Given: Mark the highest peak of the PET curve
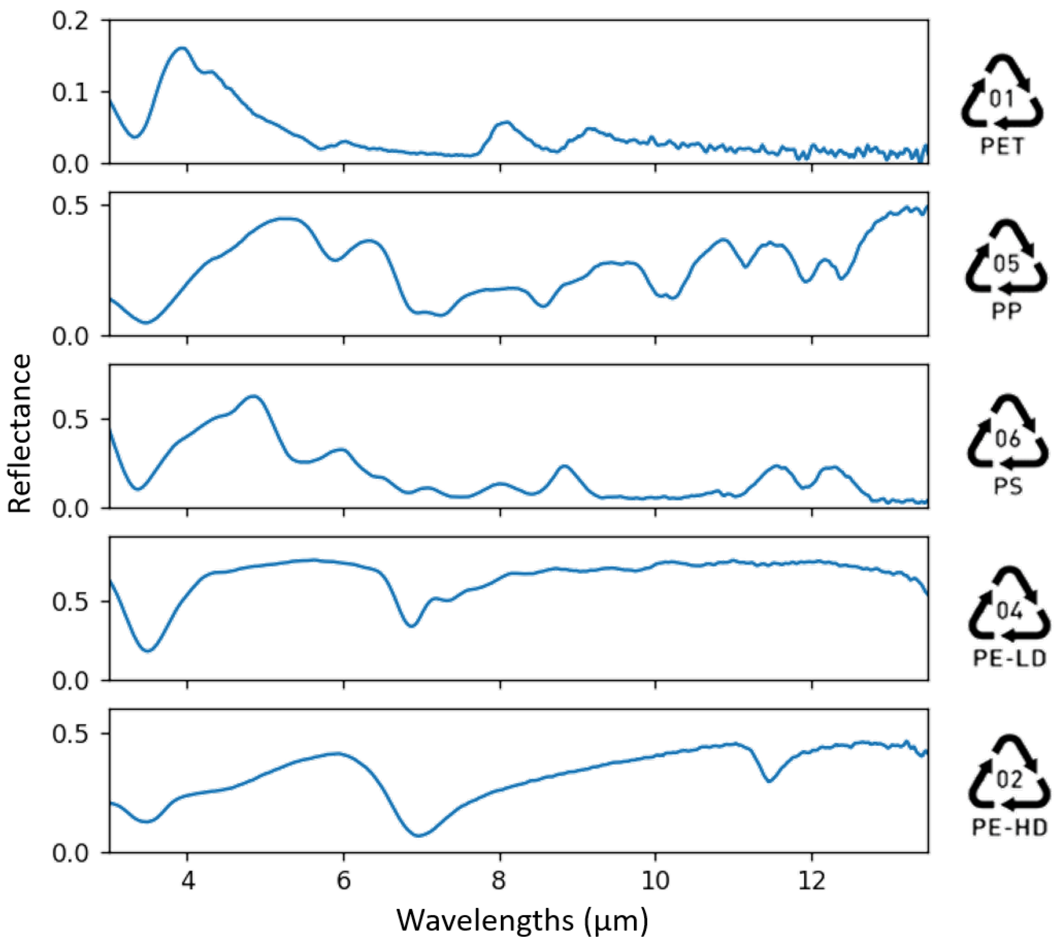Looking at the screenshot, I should tap(182, 48).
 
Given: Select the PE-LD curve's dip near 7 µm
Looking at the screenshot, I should tap(411, 626).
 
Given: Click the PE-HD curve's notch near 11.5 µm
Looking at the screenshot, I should tap(769, 781).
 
